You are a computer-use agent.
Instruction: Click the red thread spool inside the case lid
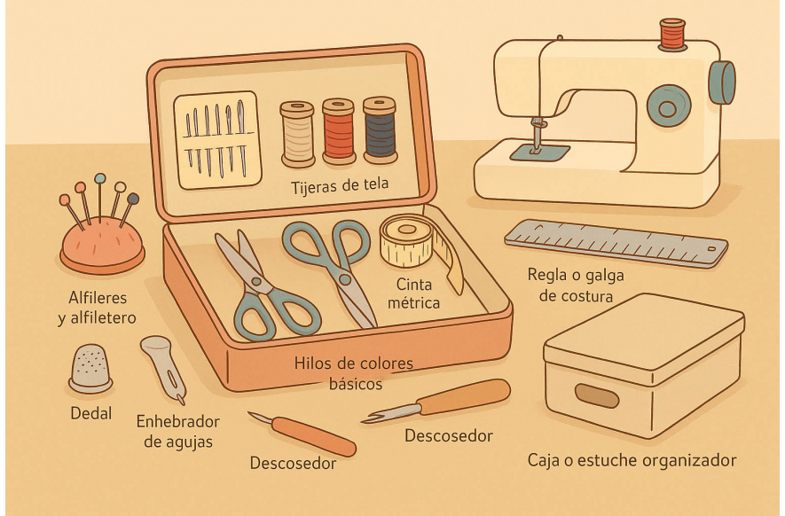pos(339,131)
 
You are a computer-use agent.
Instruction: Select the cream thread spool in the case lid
pos(297,134)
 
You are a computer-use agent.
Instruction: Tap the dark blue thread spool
pos(380,130)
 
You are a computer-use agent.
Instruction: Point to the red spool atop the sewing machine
pos(672,35)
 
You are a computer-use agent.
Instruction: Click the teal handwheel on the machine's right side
pos(721,82)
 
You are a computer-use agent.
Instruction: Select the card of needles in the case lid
pos(218,140)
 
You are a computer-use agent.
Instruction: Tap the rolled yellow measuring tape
pos(406,241)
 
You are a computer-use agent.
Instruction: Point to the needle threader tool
pos(164,367)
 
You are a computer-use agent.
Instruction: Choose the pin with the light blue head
pos(100,199)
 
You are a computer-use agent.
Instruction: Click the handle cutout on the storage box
pos(597,395)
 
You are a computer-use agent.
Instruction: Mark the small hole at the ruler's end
pos(711,249)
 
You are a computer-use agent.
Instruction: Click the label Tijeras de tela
pos(340,185)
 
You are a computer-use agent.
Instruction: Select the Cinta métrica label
pos(413,293)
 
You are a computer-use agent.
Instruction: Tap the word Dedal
pos(91,413)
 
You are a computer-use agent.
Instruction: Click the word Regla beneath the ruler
pos(547,275)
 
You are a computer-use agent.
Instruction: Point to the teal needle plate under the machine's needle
pos(539,152)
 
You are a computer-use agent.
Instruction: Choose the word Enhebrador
pos(177,421)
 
